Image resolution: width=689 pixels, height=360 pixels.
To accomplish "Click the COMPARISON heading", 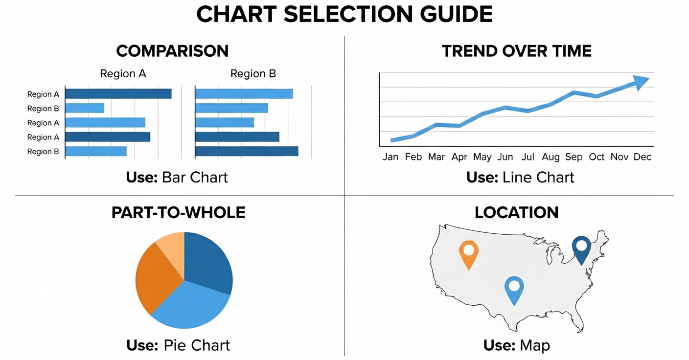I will (x=172, y=51).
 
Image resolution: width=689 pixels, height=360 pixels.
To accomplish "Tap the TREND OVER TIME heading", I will (x=517, y=51).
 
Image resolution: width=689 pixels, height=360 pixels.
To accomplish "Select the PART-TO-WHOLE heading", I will (x=178, y=213).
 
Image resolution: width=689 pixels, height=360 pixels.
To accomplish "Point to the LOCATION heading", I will (x=516, y=213).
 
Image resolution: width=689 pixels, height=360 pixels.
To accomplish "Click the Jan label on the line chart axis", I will (x=390, y=157).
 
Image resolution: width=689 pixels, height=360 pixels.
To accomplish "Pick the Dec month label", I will (x=642, y=157).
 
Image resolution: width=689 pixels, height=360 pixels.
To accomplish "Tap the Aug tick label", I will (x=551, y=157).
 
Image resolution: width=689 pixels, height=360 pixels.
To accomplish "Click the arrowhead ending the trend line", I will (x=642, y=82).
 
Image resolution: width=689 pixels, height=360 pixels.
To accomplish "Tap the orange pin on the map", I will (x=469, y=252).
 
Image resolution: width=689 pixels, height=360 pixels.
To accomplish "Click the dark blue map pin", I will (x=581, y=247).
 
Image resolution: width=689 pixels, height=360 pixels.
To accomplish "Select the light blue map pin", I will (x=514, y=288).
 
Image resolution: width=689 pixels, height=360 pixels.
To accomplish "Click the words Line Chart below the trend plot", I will (x=538, y=177).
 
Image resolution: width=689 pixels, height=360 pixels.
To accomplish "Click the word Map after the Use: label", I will (x=535, y=345).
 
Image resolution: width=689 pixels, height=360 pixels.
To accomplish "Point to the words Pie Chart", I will (x=197, y=345).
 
